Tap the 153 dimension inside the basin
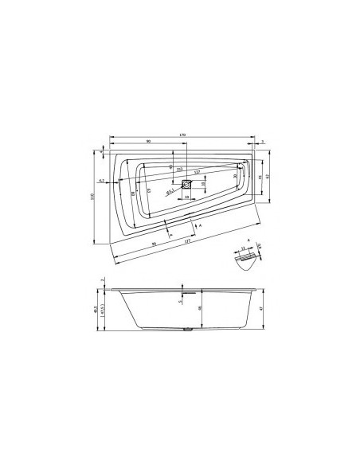[x=180, y=170]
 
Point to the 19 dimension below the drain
[x=186, y=196]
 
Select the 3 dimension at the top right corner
[x=262, y=141]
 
